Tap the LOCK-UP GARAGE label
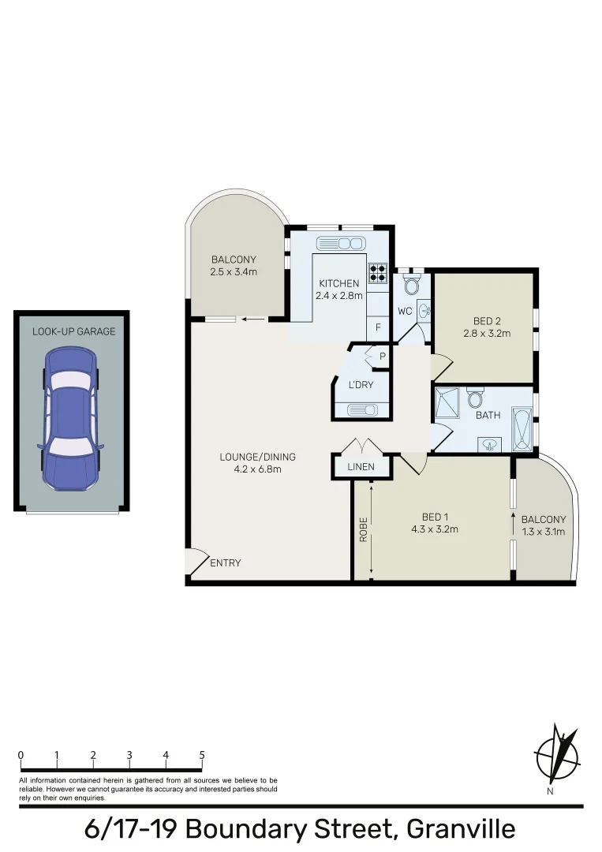[73, 331]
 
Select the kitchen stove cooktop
[378, 272]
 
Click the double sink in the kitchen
[339, 244]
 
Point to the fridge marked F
[378, 327]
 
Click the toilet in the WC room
[411, 283]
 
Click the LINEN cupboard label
[362, 467]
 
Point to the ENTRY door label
[226, 562]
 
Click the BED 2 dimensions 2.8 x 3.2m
[487, 333]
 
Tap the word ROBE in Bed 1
[364, 529]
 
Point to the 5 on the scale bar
[202, 755]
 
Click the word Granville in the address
[461, 830]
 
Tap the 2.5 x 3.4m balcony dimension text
[234, 272]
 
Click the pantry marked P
[382, 356]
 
